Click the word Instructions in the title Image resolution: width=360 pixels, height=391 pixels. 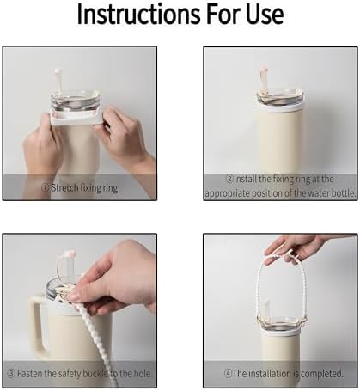coord(139,15)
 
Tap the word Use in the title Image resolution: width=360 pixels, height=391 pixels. coord(265,15)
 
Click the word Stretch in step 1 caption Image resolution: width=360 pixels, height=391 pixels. coord(64,188)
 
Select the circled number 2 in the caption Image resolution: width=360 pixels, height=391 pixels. coord(229,180)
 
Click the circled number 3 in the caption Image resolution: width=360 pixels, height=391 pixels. coord(11,374)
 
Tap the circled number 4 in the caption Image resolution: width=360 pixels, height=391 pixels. coord(228,374)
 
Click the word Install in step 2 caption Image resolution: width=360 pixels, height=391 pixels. coord(246,180)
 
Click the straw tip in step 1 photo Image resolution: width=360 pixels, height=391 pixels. coord(58,70)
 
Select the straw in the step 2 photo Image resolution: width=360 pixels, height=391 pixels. coord(263,79)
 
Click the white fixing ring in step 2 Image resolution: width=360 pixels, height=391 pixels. coord(280,107)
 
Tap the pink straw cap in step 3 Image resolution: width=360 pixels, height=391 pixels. coord(70,254)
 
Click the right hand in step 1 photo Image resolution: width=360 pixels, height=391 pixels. coord(126,137)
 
